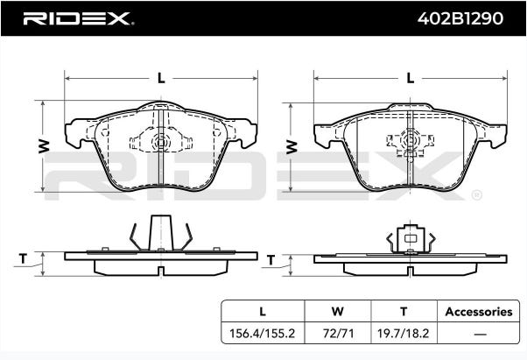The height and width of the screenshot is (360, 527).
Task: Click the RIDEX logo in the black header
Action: (x=77, y=18)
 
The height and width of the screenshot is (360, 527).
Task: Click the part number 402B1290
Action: (x=460, y=18)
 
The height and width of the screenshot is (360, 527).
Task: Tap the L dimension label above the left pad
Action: (x=161, y=78)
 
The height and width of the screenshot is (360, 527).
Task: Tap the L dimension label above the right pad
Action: (x=410, y=78)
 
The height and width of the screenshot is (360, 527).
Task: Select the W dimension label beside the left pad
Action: (x=44, y=146)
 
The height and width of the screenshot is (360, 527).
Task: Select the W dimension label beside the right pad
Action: (x=292, y=147)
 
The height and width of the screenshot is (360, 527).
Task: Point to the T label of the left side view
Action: (x=23, y=258)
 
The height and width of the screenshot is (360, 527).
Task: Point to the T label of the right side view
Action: (x=271, y=260)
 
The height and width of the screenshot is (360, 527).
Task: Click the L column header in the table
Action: (x=263, y=311)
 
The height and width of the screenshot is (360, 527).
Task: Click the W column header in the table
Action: (x=337, y=311)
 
